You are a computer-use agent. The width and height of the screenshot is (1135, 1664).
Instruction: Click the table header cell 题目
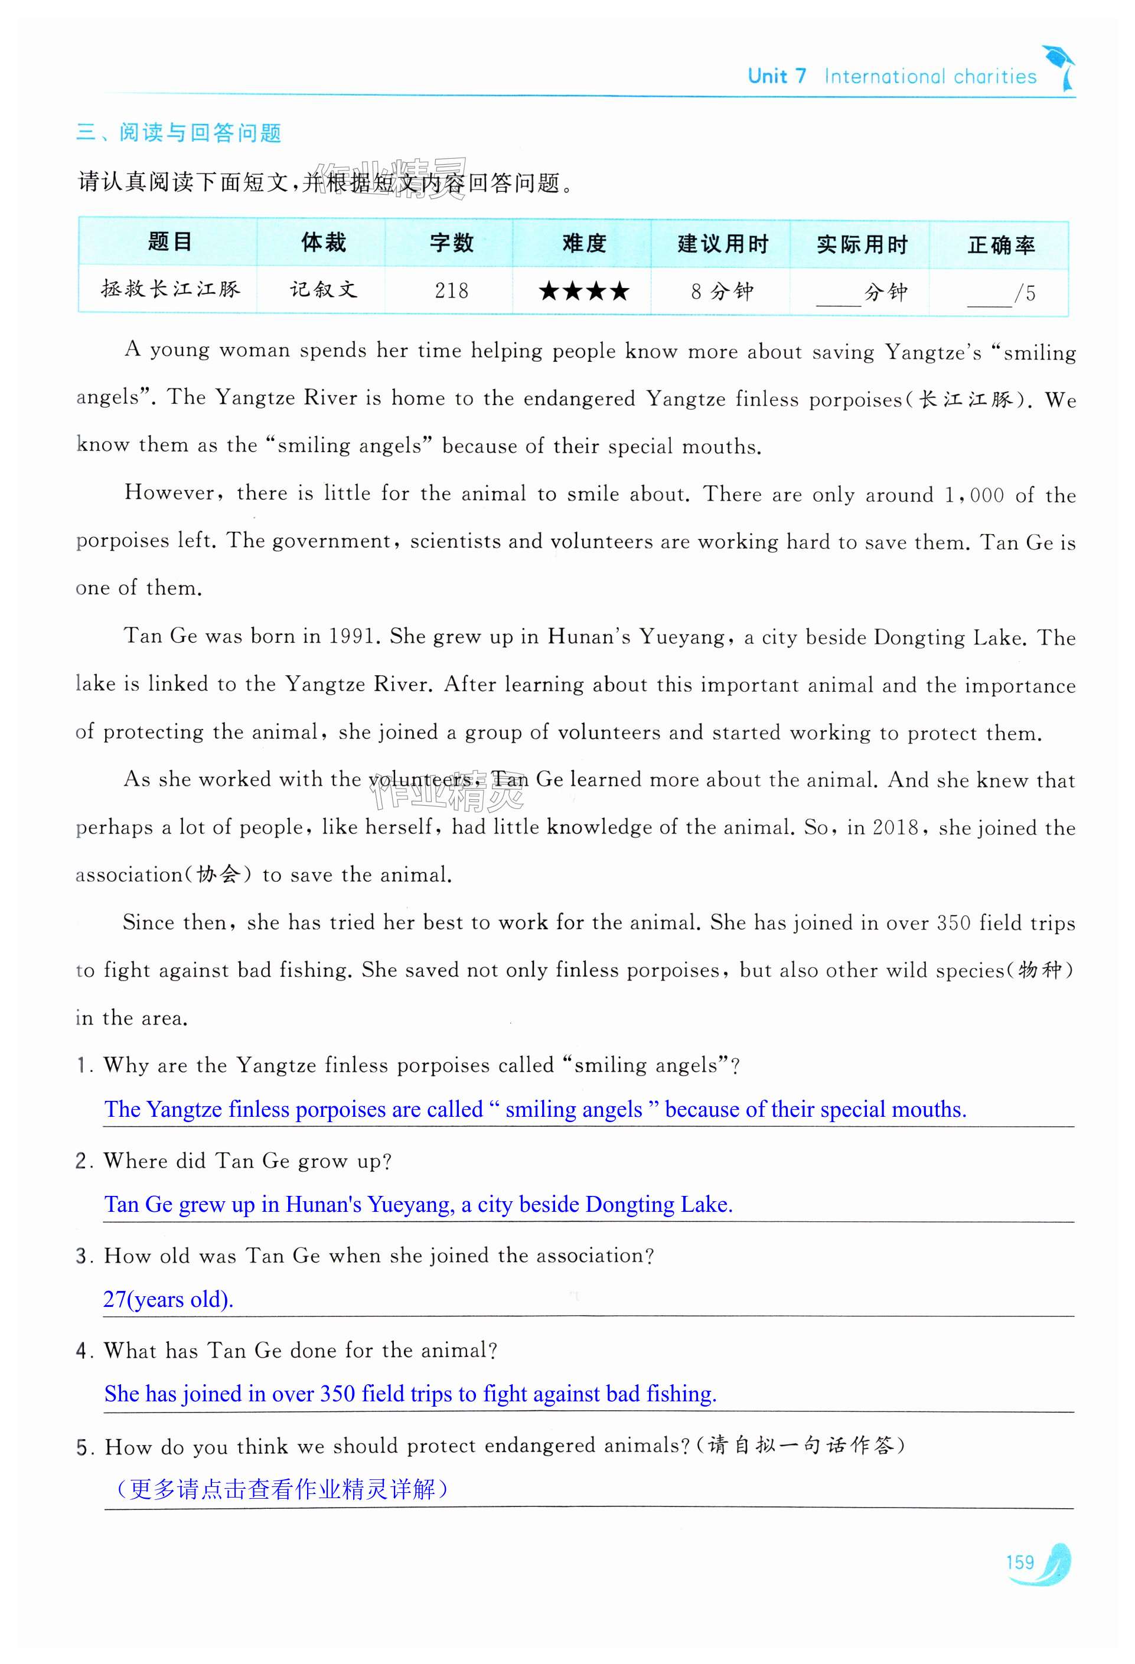point(169,243)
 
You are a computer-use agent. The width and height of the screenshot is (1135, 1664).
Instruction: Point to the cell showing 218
point(451,290)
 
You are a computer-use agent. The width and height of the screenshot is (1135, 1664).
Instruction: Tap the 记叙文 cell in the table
point(323,289)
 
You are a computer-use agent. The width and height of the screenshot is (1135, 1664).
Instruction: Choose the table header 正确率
point(1000,246)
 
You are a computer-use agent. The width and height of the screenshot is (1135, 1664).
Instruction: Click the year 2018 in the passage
point(895,828)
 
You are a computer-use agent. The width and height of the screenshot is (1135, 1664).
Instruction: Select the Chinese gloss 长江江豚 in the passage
point(966,400)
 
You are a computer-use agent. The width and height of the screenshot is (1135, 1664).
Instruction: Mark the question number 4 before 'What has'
point(81,1351)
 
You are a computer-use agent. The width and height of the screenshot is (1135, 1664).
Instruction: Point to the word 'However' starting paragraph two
point(169,493)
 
